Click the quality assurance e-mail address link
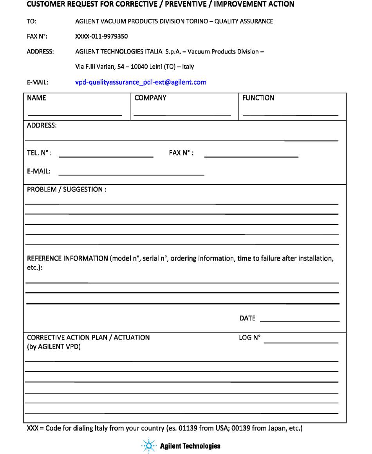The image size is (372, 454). [x=140, y=82]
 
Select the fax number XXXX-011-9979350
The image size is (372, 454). [x=101, y=36]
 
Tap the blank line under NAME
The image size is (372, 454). [x=75, y=115]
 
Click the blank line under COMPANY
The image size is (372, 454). [x=182, y=115]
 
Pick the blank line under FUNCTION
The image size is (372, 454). [x=291, y=115]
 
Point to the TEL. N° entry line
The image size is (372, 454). [x=106, y=156]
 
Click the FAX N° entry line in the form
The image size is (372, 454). [x=251, y=156]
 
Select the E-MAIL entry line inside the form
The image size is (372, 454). [x=132, y=174]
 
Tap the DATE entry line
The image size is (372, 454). [x=299, y=321]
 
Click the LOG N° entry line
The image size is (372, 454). [x=301, y=343]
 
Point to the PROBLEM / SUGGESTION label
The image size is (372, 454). [x=67, y=190]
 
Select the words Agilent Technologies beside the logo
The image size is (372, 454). [x=190, y=446]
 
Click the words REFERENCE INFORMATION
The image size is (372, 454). [x=67, y=259]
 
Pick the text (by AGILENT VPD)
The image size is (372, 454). [x=54, y=346]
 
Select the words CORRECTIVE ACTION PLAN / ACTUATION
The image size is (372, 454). [x=88, y=337]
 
